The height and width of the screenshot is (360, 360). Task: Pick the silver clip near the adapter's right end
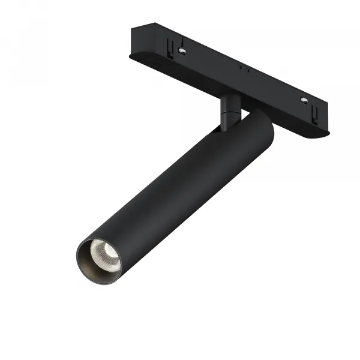[303, 100]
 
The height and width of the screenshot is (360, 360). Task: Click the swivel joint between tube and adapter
[229, 111]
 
